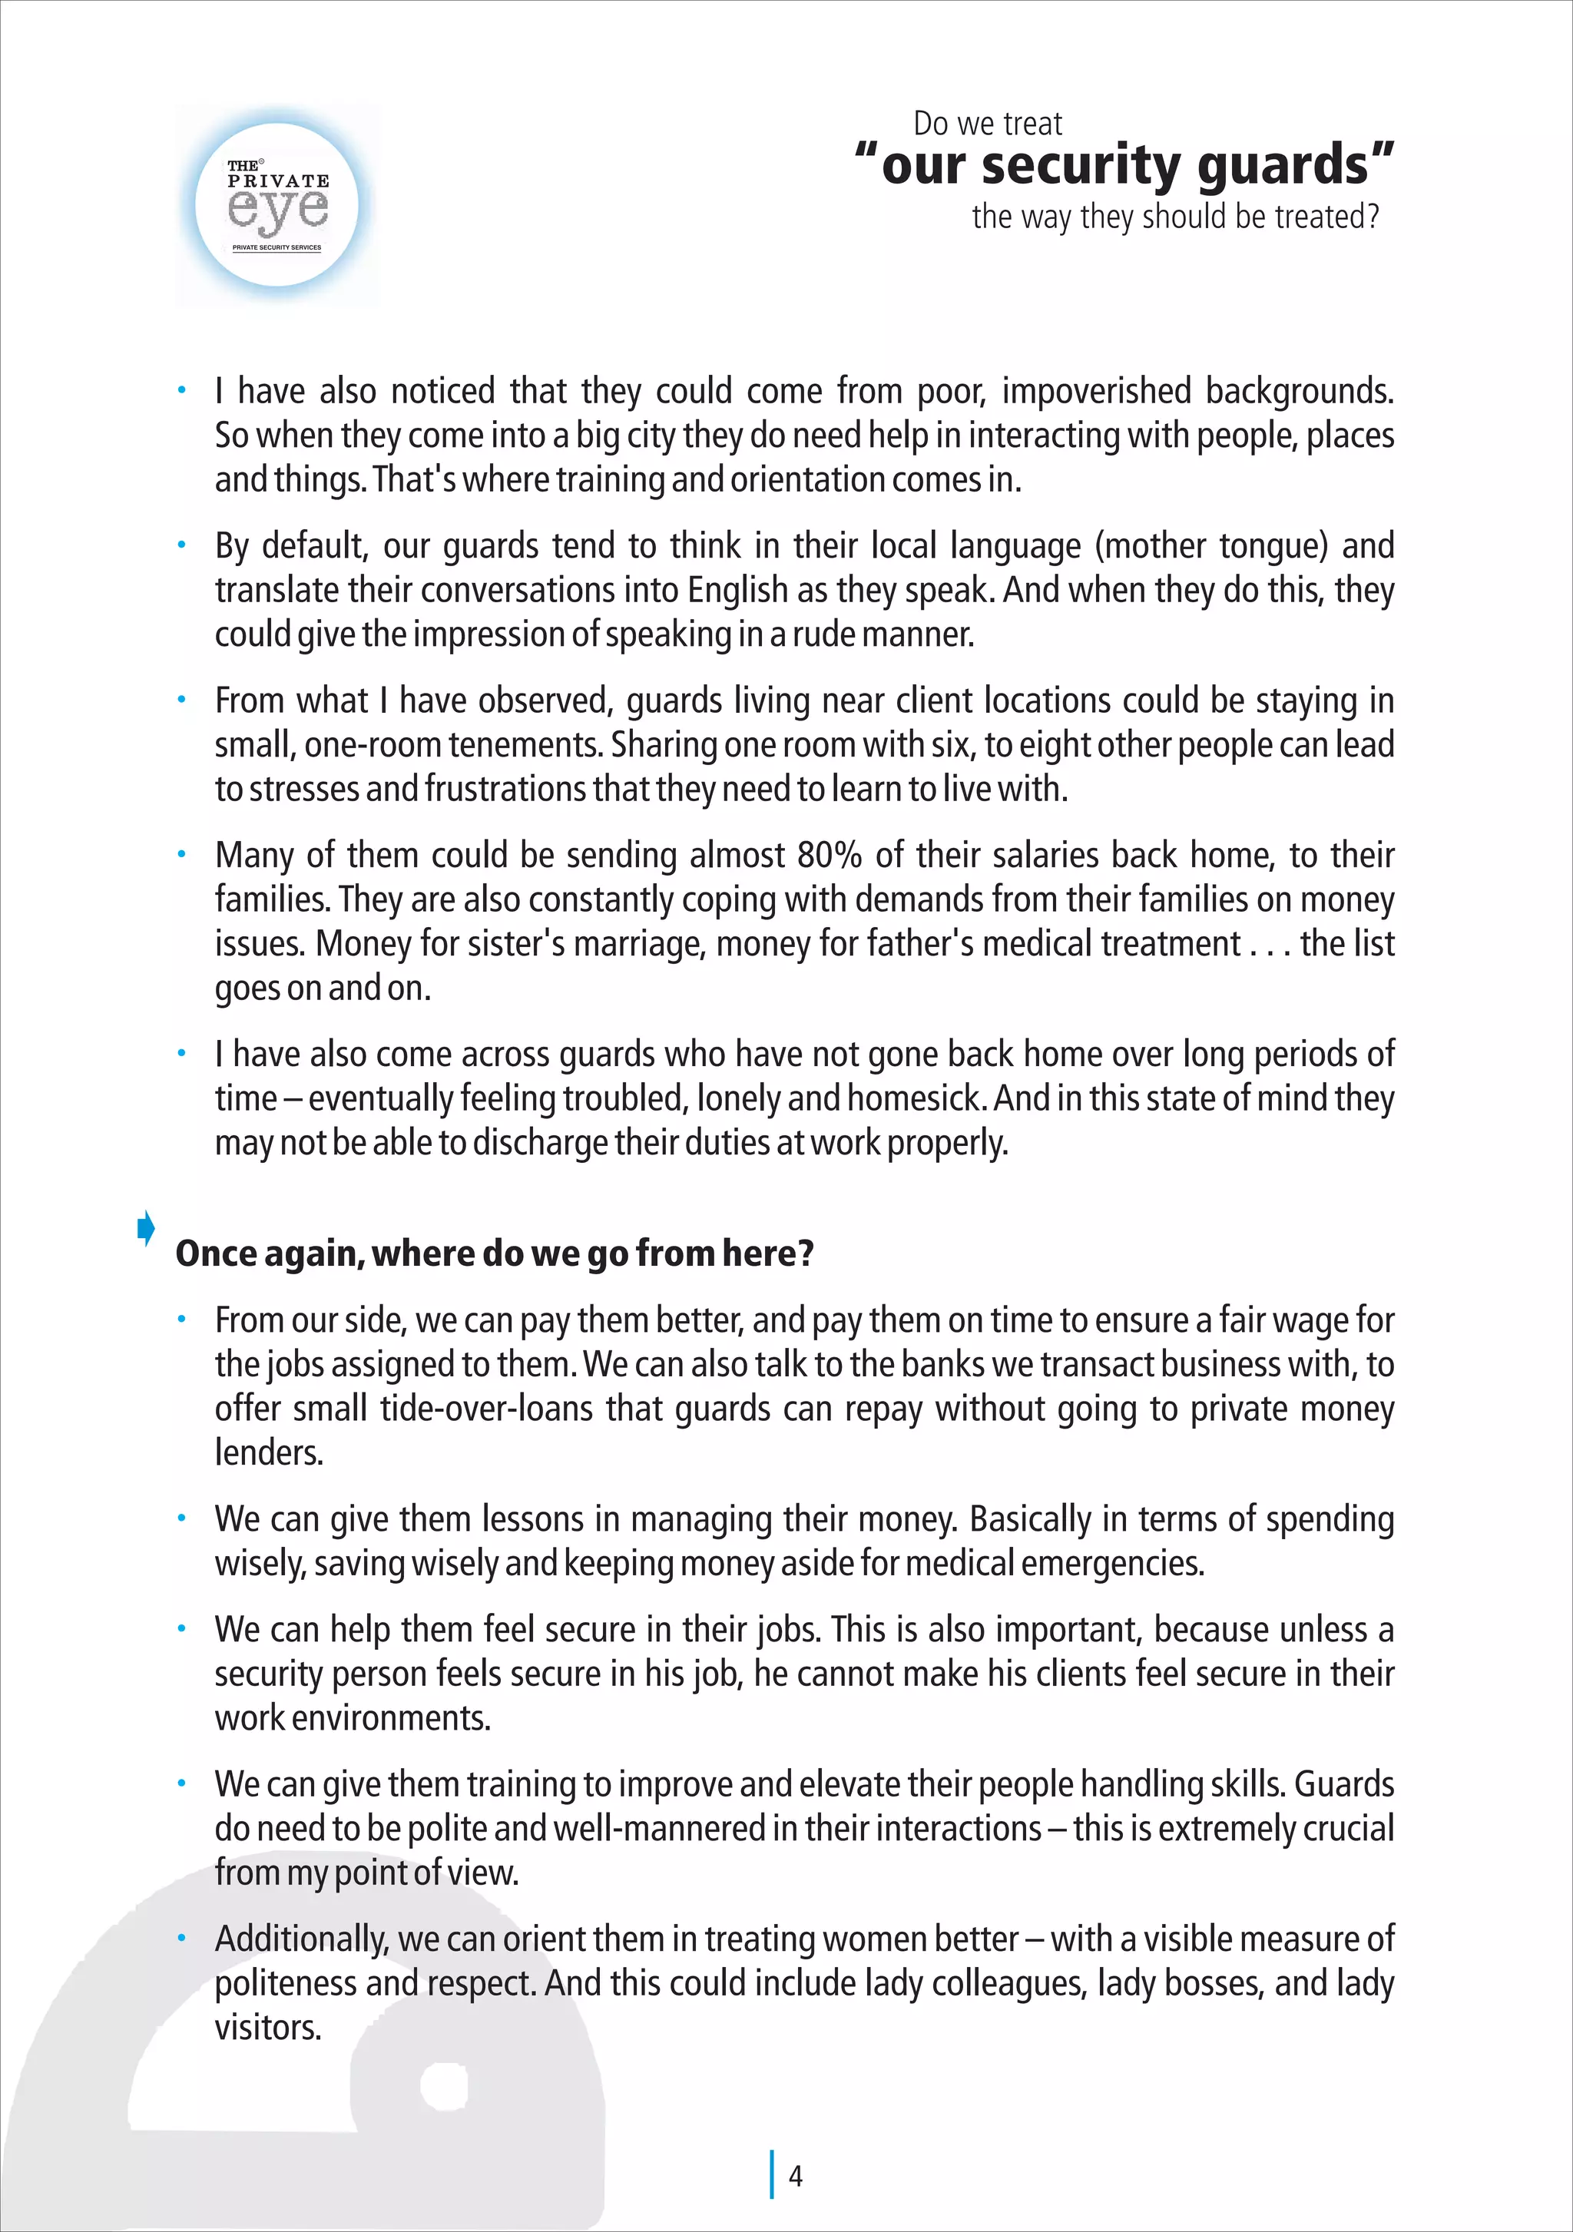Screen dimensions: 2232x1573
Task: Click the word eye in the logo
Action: click(x=277, y=208)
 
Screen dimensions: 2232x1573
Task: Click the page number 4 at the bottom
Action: click(x=795, y=2176)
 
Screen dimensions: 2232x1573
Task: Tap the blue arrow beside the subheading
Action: click(x=146, y=1228)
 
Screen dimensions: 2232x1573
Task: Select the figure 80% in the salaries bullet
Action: click(x=830, y=856)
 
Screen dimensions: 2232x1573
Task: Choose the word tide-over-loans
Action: click(x=486, y=1409)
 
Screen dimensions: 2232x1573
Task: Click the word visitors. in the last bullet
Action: click(x=267, y=2027)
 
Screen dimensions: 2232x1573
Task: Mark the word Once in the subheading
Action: click(x=212, y=1254)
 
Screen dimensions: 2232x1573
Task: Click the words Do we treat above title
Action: click(x=987, y=124)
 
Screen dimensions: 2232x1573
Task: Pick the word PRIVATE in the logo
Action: click(x=278, y=180)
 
